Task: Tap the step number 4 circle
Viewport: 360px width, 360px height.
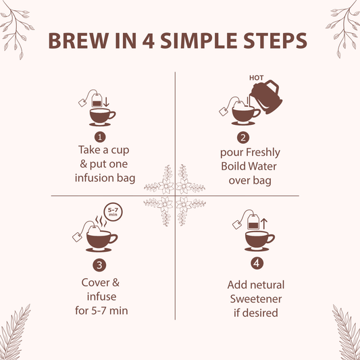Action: (x=256, y=263)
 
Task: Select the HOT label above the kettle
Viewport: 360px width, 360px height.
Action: (x=257, y=78)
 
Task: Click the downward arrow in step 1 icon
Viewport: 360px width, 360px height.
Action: (x=107, y=103)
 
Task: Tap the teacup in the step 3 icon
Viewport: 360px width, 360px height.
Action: (x=101, y=238)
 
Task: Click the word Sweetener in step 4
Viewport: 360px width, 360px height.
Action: (x=256, y=299)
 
